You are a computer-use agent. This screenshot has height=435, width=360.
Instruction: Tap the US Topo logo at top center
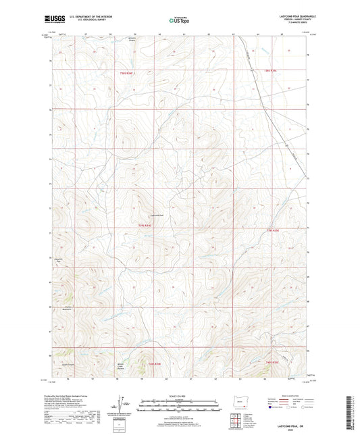(x=178, y=21)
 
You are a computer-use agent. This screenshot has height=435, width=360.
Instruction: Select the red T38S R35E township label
(x=270, y=70)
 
